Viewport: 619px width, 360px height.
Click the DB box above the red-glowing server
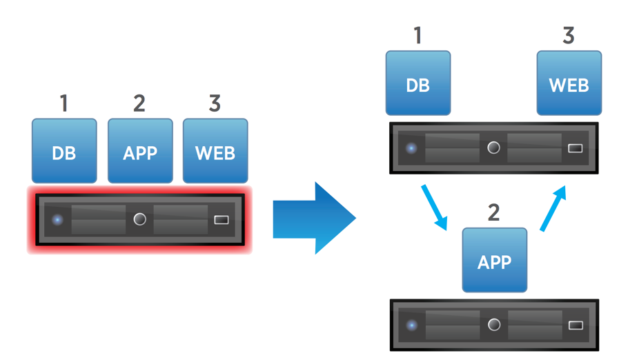(64, 151)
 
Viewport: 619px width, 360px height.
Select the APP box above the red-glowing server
(140, 151)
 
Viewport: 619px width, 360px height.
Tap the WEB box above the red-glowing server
(215, 151)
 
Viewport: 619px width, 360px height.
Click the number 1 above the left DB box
(64, 104)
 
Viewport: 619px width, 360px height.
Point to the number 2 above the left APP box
(139, 104)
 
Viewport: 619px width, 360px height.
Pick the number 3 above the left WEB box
(215, 104)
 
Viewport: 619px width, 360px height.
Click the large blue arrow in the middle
(314, 219)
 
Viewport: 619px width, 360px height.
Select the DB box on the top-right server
(418, 83)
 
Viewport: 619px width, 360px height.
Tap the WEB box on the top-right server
(569, 83)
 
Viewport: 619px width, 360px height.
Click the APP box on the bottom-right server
(495, 261)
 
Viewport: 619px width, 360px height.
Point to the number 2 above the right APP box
(493, 212)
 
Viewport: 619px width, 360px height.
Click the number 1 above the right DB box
(417, 36)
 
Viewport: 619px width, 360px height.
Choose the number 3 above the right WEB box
(569, 36)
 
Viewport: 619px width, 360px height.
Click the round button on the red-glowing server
(139, 219)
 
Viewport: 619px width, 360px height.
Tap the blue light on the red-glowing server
(58, 220)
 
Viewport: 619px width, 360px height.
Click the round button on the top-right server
(493, 148)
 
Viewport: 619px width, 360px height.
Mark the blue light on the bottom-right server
(412, 325)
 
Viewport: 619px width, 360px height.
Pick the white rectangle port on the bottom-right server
(576, 325)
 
